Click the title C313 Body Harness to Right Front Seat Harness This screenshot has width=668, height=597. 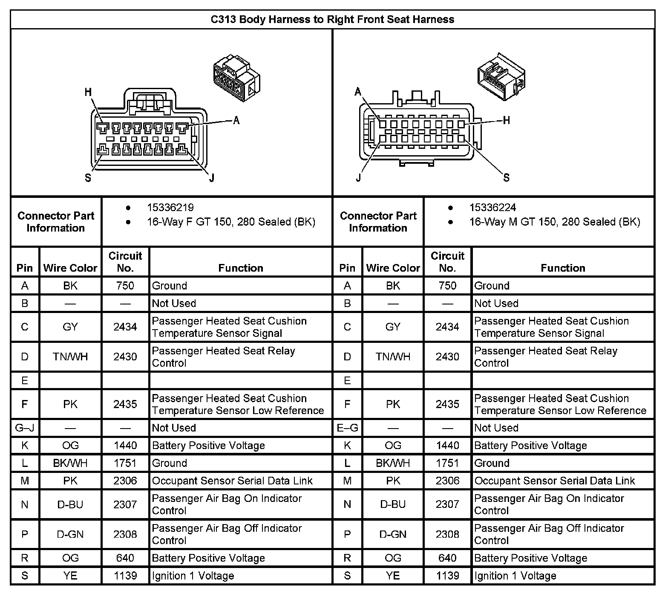[332, 20]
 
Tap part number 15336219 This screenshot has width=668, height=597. [170, 208]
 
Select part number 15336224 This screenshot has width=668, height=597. [492, 208]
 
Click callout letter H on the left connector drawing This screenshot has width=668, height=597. [88, 92]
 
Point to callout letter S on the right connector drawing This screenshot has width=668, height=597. [506, 178]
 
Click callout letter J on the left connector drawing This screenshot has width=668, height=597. [212, 178]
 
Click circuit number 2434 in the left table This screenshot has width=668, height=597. [125, 327]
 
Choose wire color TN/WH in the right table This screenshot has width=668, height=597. [393, 357]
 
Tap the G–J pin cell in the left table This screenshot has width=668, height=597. [25, 428]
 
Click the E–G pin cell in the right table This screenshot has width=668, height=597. [347, 428]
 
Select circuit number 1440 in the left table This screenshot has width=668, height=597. [125, 446]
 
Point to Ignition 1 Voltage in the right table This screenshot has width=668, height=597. [515, 576]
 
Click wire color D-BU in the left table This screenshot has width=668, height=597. [70, 504]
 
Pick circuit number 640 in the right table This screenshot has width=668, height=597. [447, 558]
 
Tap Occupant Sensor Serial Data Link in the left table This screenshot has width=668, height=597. [232, 481]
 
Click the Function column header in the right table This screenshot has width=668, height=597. [563, 268]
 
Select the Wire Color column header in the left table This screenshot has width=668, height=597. [70, 268]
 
